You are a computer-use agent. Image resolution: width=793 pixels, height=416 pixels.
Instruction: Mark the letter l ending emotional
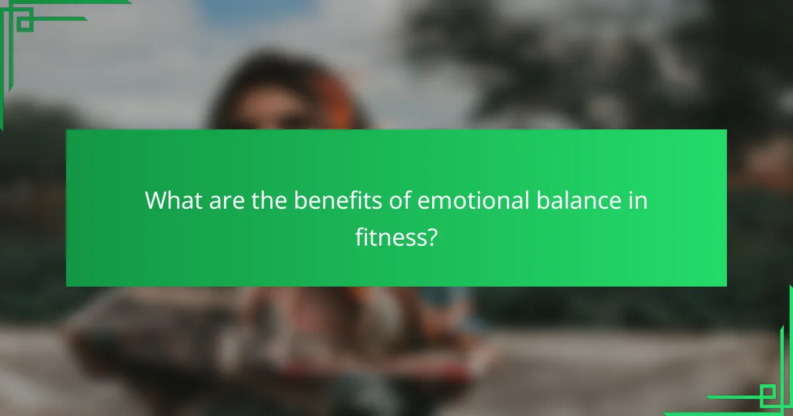(x=527, y=199)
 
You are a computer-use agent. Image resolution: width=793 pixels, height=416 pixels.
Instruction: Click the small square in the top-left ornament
(x=25, y=24)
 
